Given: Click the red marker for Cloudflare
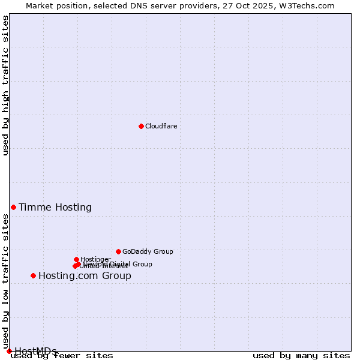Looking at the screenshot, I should click(141, 126).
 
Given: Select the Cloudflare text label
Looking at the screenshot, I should click(161, 126).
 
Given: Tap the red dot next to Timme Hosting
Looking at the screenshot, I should click(13, 207).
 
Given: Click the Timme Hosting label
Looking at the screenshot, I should click(55, 208).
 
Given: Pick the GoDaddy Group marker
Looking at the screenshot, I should click(118, 251).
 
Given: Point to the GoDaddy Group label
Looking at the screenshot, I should click(148, 252).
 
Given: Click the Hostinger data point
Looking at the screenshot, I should click(76, 259).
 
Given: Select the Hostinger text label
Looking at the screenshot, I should click(95, 259).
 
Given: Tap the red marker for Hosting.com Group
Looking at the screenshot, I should click(33, 275).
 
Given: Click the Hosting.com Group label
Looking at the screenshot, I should click(85, 276).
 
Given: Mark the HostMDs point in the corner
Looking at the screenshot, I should click(9, 351).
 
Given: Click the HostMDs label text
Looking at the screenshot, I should click(35, 351).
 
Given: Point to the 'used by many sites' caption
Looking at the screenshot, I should click(301, 355).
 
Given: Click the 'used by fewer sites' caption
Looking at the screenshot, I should click(62, 355).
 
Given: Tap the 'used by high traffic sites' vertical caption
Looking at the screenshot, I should click(5, 85).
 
